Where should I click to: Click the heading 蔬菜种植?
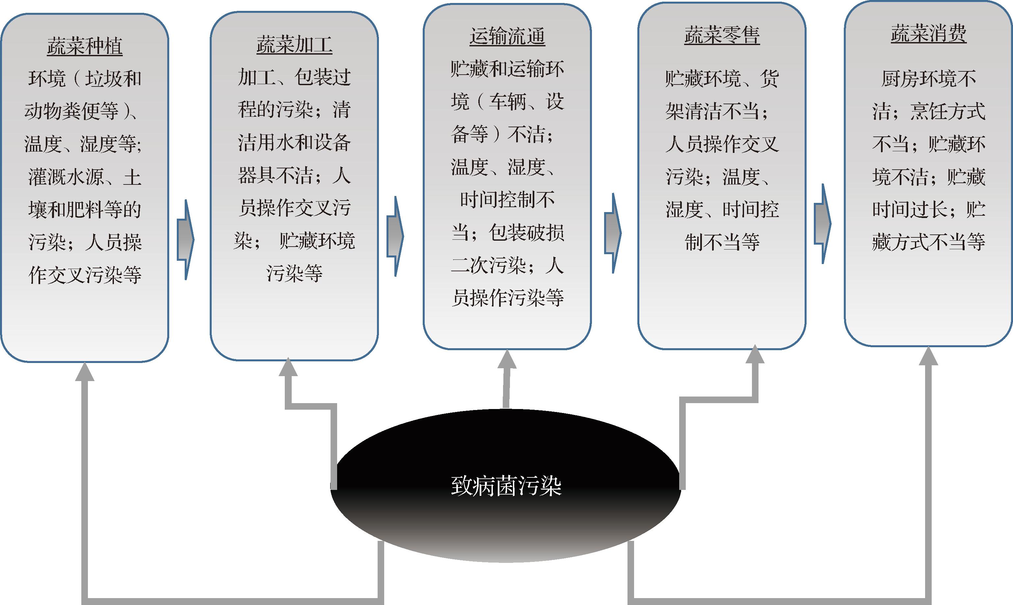(x=85, y=46)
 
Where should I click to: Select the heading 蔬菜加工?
(x=294, y=44)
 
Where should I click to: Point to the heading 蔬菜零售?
(x=722, y=35)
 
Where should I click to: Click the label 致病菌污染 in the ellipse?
(x=506, y=486)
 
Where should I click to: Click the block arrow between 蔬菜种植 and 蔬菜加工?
(x=186, y=240)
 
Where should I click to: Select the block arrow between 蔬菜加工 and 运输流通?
(x=395, y=236)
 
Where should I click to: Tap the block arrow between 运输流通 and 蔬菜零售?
(x=613, y=233)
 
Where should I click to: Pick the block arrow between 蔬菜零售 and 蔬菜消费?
(x=822, y=223)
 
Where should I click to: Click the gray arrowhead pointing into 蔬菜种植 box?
(x=85, y=372)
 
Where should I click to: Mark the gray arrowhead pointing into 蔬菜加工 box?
(x=288, y=367)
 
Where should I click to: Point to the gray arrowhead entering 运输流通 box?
(x=507, y=359)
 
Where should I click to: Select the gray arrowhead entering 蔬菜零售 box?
(x=755, y=354)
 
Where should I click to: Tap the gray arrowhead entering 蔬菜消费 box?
(x=928, y=356)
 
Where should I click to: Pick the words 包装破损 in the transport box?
(x=526, y=232)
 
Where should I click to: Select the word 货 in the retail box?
(x=769, y=79)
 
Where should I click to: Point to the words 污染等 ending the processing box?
(x=294, y=273)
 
